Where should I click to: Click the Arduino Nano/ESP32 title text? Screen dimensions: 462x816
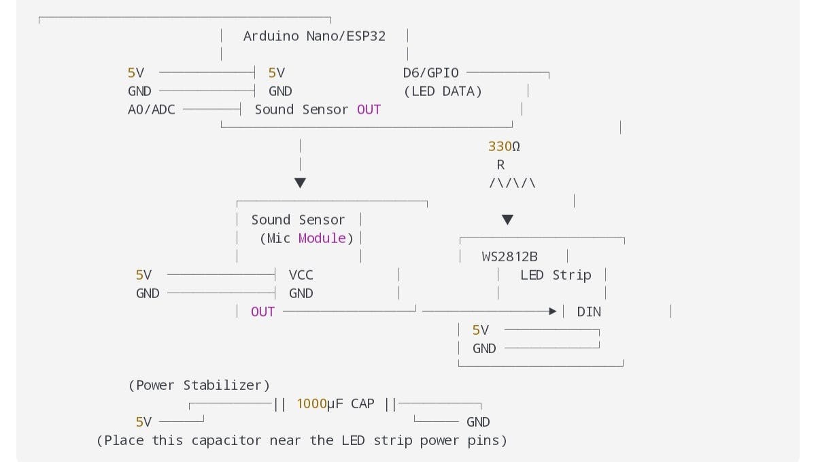(314, 36)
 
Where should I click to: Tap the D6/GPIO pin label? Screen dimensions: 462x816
(430, 73)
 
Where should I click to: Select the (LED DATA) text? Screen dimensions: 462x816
(443, 91)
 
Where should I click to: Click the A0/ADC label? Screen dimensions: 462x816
(151, 110)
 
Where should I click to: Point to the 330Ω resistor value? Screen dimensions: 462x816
(504, 146)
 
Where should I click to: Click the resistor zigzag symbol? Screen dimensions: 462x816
(512, 183)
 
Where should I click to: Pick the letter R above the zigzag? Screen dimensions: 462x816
(501, 165)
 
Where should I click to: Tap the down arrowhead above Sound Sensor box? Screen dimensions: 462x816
(300, 183)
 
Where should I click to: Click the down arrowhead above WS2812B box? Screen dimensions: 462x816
(507, 220)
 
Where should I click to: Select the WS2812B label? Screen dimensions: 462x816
(509, 257)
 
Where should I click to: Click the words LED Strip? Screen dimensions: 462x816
(556, 275)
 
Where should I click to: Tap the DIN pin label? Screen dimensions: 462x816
(589, 312)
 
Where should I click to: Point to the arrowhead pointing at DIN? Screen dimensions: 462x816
(553, 312)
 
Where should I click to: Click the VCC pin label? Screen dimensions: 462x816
(301, 275)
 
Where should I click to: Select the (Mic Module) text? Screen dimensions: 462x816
(307, 238)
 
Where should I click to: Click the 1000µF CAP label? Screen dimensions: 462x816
(335, 403)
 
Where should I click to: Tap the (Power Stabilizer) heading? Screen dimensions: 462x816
(199, 385)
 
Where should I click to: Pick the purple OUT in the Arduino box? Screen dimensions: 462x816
(369, 110)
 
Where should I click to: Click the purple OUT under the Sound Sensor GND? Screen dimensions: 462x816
(262, 312)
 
